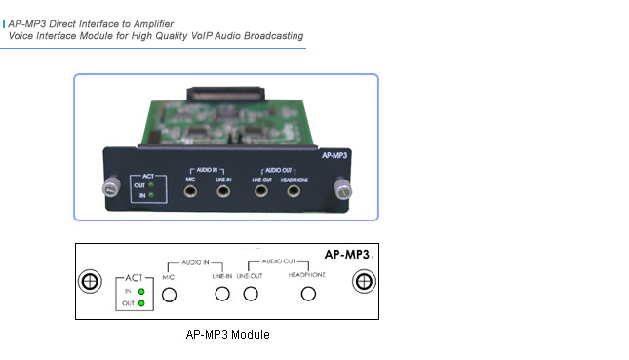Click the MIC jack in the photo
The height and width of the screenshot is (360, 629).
(x=192, y=192)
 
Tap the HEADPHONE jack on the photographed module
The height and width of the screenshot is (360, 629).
(x=293, y=192)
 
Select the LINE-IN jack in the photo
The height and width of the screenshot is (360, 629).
(x=224, y=192)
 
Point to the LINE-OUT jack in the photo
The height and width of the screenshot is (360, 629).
(x=261, y=192)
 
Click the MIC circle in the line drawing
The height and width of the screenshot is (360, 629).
(x=170, y=294)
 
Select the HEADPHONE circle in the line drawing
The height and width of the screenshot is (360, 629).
(x=309, y=294)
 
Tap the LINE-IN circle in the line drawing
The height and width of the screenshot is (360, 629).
(x=222, y=294)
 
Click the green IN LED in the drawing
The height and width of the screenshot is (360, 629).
(x=142, y=291)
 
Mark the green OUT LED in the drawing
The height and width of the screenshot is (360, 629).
(x=142, y=303)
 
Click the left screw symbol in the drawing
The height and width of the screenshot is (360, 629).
(x=89, y=282)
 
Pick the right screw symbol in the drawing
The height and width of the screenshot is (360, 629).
(x=363, y=282)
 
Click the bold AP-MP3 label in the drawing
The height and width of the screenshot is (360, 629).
(x=346, y=254)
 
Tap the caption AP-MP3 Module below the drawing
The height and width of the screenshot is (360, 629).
(x=227, y=335)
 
